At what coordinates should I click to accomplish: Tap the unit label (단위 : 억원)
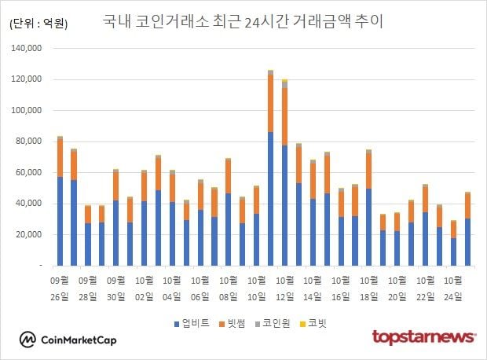(38, 24)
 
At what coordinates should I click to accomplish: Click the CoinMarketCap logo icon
(28, 340)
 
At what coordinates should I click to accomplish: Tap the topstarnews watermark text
(423, 337)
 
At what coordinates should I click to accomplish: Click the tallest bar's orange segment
(270, 103)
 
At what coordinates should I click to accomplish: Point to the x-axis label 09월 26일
(60, 288)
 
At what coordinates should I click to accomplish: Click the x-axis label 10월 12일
(285, 288)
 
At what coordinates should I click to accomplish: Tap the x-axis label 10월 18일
(368, 288)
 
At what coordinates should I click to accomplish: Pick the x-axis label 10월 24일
(453, 288)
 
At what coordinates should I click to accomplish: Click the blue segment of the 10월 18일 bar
(368, 227)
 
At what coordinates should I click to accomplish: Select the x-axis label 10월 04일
(173, 288)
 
